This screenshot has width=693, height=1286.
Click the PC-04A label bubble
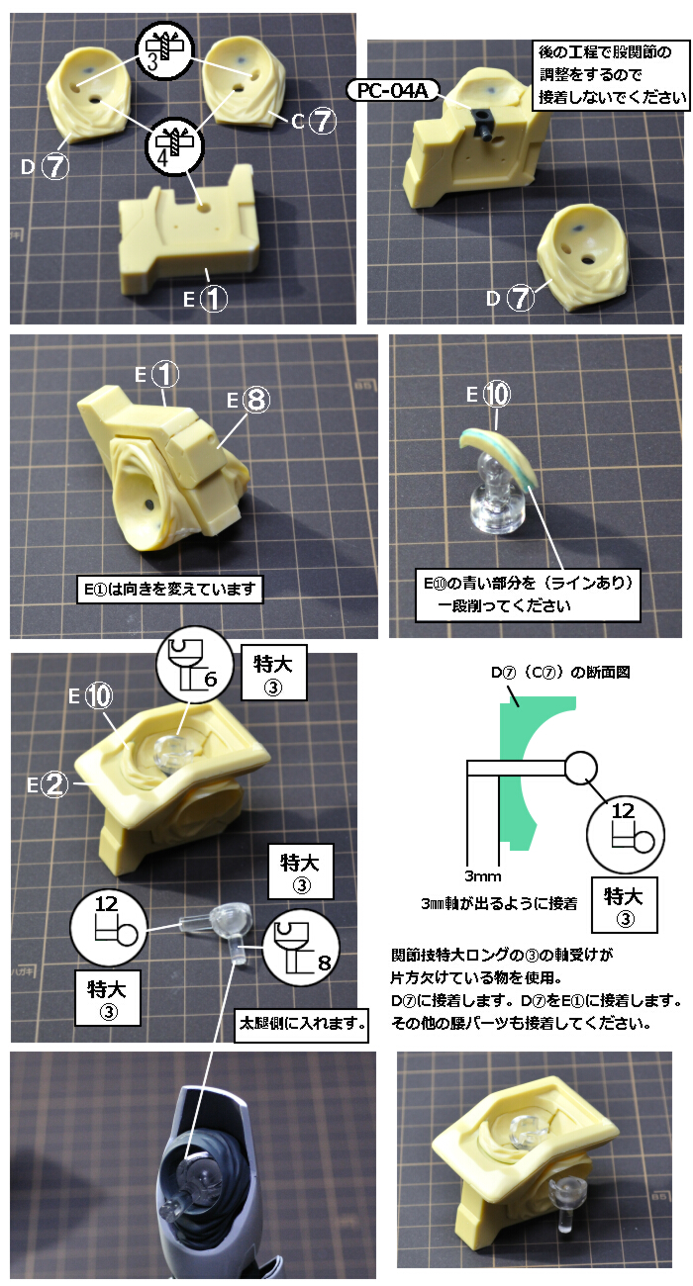[393, 91]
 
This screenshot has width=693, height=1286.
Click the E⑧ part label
[248, 400]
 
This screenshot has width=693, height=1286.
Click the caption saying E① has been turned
[170, 590]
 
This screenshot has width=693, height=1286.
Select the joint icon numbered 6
[194, 665]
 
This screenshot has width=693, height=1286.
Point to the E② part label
[48, 784]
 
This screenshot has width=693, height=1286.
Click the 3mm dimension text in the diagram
[483, 876]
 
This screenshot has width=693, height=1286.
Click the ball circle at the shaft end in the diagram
[580, 768]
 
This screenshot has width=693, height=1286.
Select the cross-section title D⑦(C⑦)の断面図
[560, 672]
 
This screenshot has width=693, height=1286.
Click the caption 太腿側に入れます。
[301, 1023]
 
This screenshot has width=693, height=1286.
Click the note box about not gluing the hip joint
[612, 75]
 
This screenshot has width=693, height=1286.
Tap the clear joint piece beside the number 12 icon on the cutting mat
[221, 925]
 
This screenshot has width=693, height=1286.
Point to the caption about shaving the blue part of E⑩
[528, 595]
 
